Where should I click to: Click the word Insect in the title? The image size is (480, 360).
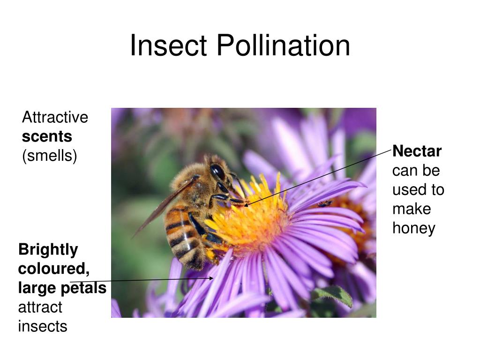168,46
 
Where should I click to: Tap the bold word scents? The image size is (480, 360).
47,136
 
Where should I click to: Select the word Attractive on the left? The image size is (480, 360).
55,117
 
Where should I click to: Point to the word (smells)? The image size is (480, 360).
49,156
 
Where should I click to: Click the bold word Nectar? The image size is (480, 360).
417,151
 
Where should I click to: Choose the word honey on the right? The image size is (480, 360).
414,228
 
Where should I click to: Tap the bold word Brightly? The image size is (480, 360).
48,250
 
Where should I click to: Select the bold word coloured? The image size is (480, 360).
54,269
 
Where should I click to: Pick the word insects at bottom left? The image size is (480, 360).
43,326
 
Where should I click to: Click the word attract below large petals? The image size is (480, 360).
40,307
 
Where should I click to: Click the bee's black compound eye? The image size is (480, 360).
217,172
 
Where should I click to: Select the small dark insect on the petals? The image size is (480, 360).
324,203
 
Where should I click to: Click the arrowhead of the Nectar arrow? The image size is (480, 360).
246,205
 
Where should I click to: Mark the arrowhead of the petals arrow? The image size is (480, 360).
212,278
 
